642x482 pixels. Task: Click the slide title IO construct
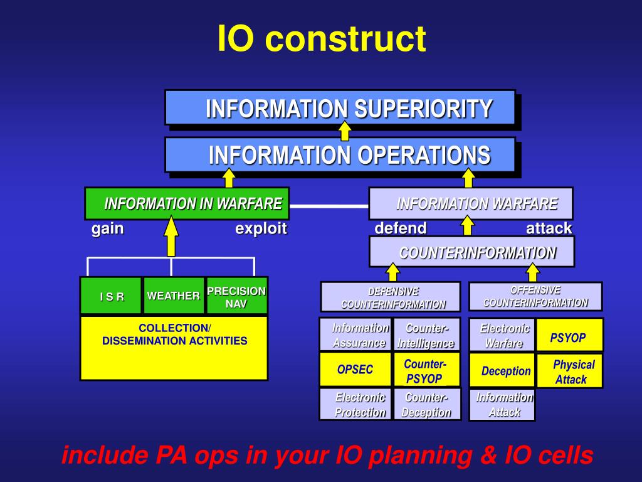tap(321, 39)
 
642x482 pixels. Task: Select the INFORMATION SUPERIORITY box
tap(340, 107)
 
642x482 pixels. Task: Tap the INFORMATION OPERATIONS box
tap(340, 154)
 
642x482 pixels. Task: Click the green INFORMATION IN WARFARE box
tap(187, 203)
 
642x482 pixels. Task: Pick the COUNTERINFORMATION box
tap(471, 252)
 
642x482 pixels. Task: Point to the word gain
tap(107, 229)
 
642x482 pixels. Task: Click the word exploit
tap(261, 229)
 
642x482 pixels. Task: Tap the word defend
tap(401, 228)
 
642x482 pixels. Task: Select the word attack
tap(549, 228)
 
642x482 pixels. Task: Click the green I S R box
tap(112, 296)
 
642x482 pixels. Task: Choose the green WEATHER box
tap(174, 296)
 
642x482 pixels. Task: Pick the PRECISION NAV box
tap(236, 296)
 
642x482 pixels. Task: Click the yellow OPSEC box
tap(355, 370)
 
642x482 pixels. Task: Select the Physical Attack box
tap(570, 371)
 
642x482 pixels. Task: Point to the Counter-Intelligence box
tap(426, 335)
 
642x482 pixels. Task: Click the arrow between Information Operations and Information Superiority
tap(344, 131)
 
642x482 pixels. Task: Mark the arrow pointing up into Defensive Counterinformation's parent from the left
tap(392, 272)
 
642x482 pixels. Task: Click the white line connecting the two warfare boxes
tap(329, 205)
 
